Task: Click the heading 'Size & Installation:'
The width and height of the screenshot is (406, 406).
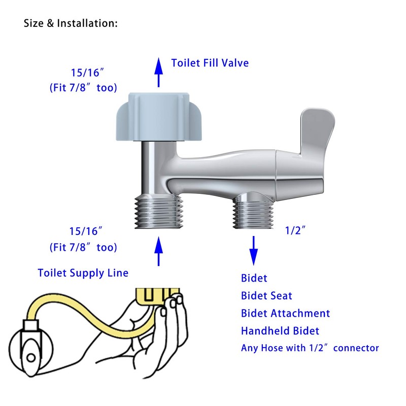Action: [x=71, y=23]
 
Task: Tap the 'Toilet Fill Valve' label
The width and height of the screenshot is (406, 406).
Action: [x=210, y=63]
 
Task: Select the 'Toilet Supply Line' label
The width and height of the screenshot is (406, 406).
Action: [x=83, y=273]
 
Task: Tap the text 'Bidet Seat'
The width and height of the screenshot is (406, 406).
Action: [x=266, y=295]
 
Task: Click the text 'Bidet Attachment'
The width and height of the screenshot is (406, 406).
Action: [x=285, y=313]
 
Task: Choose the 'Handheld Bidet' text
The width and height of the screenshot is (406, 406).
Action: [x=280, y=331]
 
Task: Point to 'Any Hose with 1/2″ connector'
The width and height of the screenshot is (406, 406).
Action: [x=310, y=348]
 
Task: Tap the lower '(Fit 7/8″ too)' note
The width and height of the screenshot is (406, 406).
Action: [x=83, y=248]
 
